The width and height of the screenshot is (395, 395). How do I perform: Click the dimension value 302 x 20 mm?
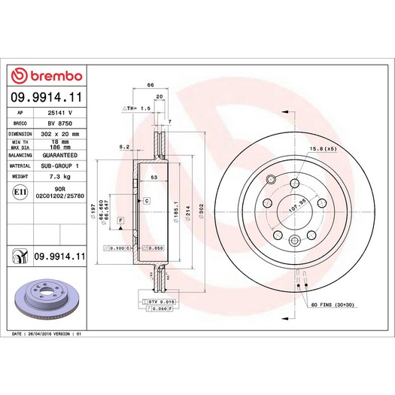tap(60, 132)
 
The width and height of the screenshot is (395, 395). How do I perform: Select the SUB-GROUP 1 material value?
tap(60, 165)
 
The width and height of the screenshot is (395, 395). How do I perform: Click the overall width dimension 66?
tap(150, 87)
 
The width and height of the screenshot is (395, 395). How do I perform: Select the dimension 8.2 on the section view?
tap(125, 147)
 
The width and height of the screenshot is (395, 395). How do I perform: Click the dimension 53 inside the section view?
tap(153, 178)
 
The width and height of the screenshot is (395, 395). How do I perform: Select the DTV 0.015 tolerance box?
tap(159, 301)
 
